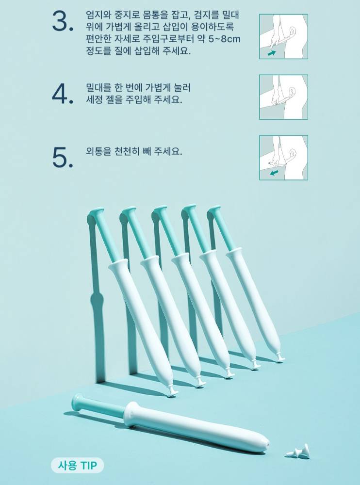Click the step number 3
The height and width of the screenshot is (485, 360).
click(63, 21)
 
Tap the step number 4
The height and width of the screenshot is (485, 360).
click(63, 94)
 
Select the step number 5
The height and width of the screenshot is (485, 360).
click(63, 157)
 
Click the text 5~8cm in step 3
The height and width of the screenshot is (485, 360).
click(225, 39)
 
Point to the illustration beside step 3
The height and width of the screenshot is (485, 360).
click(283, 36)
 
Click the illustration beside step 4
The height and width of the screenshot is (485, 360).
click(283, 97)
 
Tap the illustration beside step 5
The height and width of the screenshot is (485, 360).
click(283, 158)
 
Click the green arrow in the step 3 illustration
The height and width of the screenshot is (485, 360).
click(272, 53)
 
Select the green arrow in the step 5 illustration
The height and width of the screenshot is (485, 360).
click(274, 172)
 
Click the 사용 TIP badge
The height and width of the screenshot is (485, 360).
click(78, 465)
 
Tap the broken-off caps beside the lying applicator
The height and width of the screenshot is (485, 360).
click(298, 452)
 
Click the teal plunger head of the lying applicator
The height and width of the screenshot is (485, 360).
click(78, 403)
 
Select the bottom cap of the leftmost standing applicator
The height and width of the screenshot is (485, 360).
click(172, 391)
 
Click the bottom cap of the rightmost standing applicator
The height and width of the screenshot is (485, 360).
click(279, 358)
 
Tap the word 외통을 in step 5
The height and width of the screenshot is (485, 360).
click(98, 151)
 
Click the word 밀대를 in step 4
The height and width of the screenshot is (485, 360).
click(98, 87)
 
